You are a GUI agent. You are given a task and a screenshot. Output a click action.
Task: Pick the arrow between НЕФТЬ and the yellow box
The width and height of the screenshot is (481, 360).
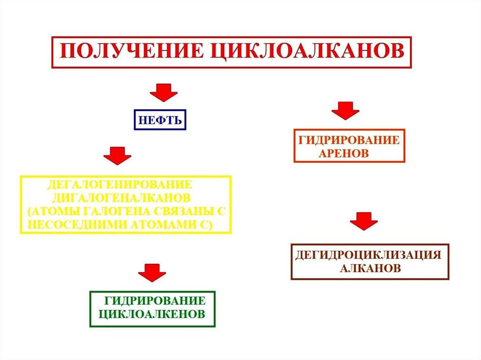pos(117,155)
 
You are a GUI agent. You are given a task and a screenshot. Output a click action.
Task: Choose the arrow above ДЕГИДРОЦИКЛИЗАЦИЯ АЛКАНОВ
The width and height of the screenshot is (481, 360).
pos(365,221)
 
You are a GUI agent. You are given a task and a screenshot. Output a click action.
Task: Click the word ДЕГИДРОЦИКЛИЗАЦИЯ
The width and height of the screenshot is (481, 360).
pos(368,255)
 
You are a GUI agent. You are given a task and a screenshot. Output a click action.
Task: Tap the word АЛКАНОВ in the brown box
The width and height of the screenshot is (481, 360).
pos(370,268)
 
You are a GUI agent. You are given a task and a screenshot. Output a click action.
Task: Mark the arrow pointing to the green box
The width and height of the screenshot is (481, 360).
pos(152,273)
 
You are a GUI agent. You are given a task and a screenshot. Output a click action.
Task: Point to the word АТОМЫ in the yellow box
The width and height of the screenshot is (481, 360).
pos(54,210)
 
